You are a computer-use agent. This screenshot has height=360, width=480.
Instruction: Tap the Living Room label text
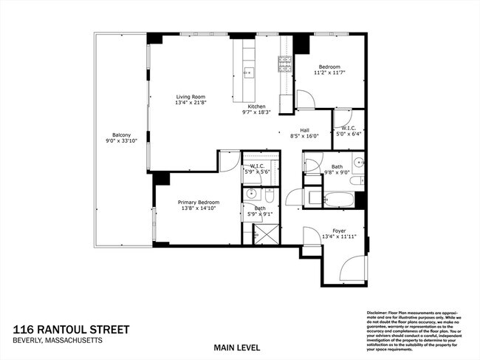pyautogui.click(x=191, y=97)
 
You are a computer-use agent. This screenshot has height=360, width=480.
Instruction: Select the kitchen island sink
pyautogui.click(x=247, y=72)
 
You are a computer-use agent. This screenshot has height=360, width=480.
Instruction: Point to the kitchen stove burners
pyautogui.click(x=285, y=64)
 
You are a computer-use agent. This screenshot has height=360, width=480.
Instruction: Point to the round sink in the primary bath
pyautogui.click(x=252, y=194)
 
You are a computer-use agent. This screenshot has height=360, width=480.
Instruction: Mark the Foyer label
pyautogui.click(x=338, y=230)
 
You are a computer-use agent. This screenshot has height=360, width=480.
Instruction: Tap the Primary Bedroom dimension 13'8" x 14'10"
pyautogui.click(x=198, y=208)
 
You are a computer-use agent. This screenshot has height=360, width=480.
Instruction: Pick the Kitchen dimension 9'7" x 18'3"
pyautogui.click(x=256, y=112)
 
